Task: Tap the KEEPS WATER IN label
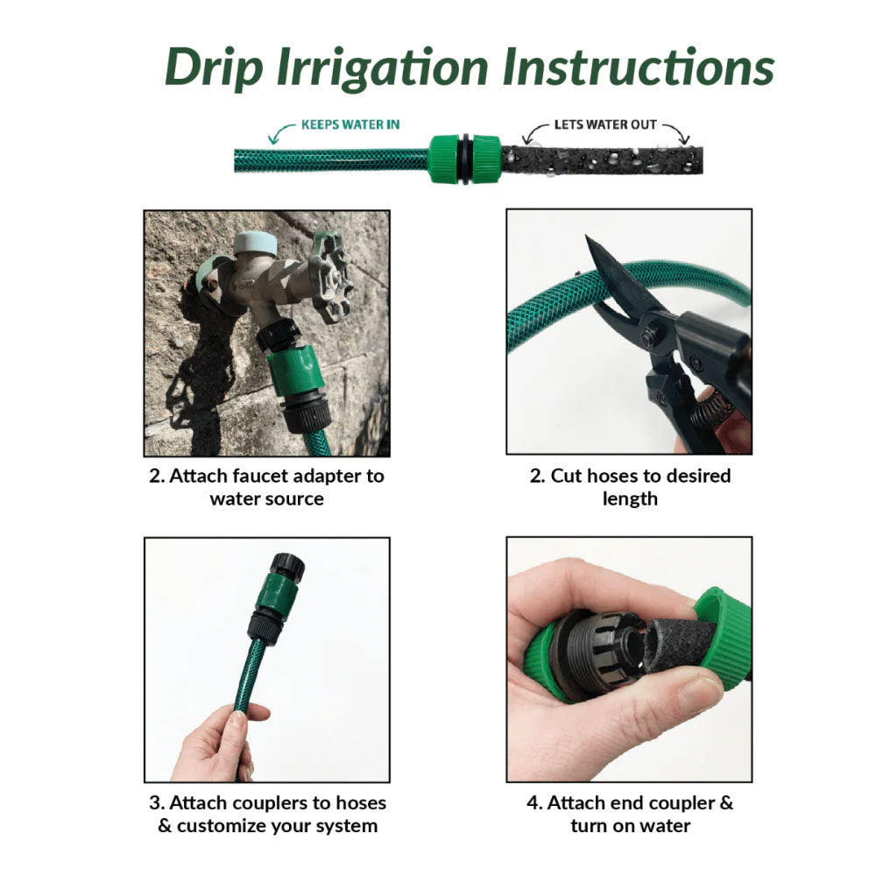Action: (350, 124)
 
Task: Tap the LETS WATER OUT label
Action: (604, 124)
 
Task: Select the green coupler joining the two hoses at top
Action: (464, 159)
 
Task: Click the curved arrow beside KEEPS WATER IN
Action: (280, 132)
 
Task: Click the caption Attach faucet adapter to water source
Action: (266, 487)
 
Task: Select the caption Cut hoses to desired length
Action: (629, 487)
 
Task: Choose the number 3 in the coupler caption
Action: (152, 802)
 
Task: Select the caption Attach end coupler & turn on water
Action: (629, 814)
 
